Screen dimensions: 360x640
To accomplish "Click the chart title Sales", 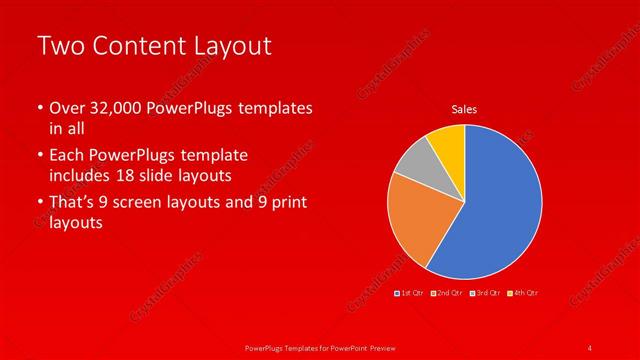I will click(464, 108).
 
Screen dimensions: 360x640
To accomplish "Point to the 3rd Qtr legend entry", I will click(487, 292).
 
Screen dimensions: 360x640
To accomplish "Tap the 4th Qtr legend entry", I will click(523, 292).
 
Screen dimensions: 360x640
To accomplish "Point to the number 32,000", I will click(115, 108).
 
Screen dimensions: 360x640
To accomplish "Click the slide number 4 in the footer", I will click(590, 347).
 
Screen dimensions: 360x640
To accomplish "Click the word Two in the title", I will click(58, 46).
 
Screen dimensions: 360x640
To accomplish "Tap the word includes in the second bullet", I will click(84, 176).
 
